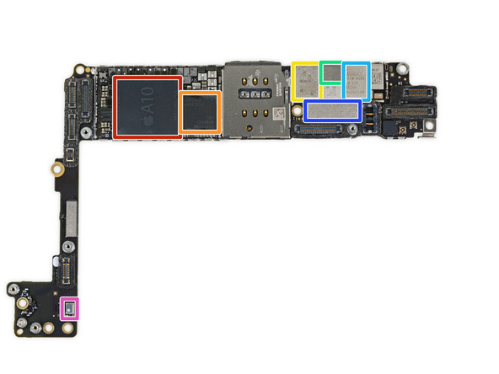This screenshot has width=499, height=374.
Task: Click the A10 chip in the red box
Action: [148, 107]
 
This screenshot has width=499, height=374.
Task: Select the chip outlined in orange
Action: [200, 112]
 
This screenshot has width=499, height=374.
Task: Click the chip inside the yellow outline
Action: [304, 81]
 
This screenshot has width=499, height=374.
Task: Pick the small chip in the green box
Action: [331, 72]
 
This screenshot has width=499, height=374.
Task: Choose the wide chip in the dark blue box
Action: [333, 111]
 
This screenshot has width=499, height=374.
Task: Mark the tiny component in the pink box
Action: [68, 308]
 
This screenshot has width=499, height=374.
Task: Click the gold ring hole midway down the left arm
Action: [56, 169]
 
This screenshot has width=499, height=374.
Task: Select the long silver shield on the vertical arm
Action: [71, 214]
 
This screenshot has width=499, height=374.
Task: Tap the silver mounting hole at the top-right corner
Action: [403, 65]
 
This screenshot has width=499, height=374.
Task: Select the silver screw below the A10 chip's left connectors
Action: [85, 133]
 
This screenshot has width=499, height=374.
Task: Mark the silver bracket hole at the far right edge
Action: [429, 132]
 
